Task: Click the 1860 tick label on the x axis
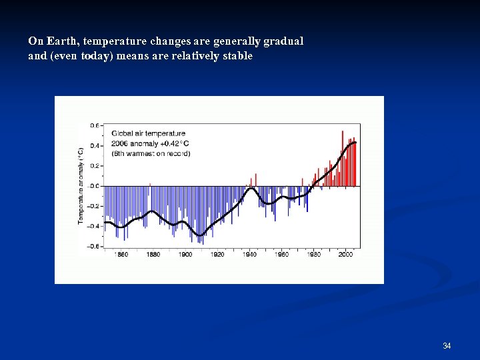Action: [x=121, y=255]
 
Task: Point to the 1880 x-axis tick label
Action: [x=153, y=255]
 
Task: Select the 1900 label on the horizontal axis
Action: [x=185, y=255]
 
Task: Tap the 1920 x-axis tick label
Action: [x=217, y=255]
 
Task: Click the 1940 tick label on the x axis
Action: [x=249, y=255]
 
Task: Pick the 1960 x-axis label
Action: [x=281, y=255]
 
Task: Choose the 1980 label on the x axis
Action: [x=313, y=255]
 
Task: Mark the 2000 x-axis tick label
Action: [x=345, y=255]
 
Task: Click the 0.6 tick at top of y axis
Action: [x=95, y=125]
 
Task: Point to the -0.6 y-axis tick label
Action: [x=94, y=247]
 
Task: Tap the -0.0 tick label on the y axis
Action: [x=94, y=186]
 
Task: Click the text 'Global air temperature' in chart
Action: [x=148, y=133]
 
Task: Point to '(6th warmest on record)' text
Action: [x=151, y=153]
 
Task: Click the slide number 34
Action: [x=447, y=345]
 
